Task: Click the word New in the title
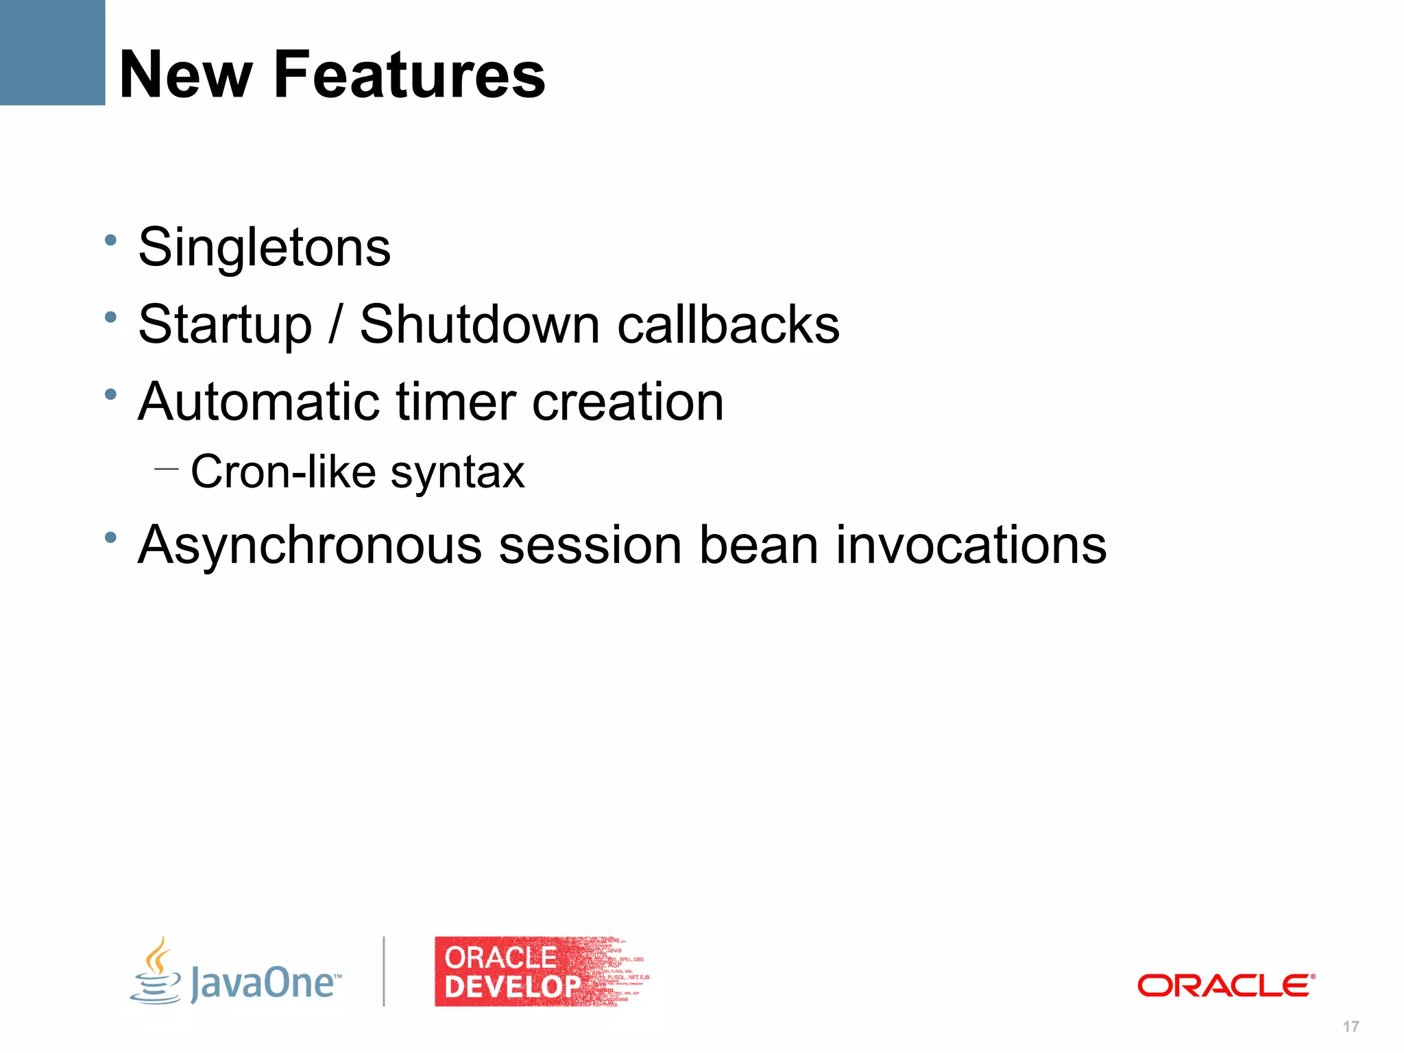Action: [186, 75]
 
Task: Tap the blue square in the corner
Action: [52, 52]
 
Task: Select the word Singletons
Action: [264, 248]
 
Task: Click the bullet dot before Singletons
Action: [110, 240]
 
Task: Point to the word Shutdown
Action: [480, 325]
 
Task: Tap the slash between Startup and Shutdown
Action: [335, 325]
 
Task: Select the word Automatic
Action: [258, 402]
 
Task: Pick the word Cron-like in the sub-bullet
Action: [283, 472]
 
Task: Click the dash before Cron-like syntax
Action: [166, 470]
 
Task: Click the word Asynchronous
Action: [310, 546]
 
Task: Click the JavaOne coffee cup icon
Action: [156, 972]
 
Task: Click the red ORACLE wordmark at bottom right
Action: [1226, 986]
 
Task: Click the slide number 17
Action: [1351, 1026]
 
